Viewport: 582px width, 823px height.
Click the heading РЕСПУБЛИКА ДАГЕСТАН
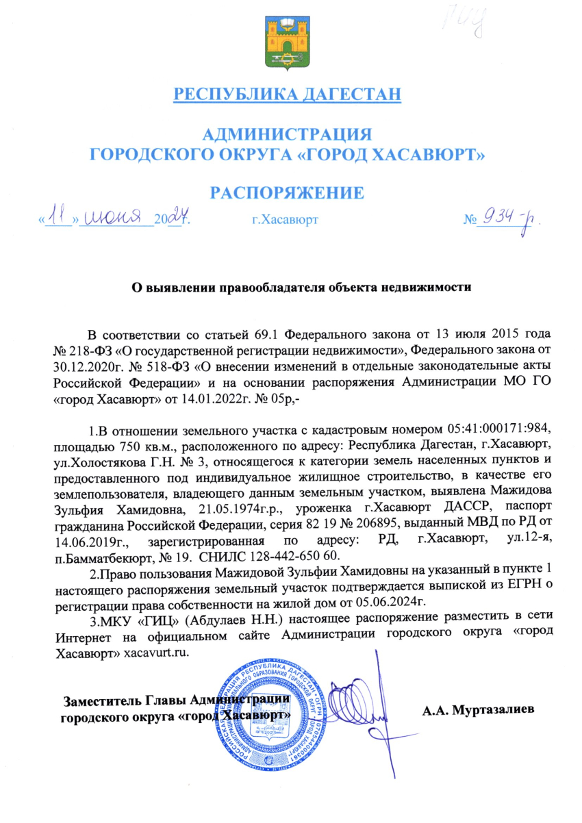pyautogui.click(x=286, y=93)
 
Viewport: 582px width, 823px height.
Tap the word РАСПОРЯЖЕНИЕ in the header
pyautogui.click(x=286, y=192)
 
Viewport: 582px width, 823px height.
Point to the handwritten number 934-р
pyautogui.click(x=506, y=220)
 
